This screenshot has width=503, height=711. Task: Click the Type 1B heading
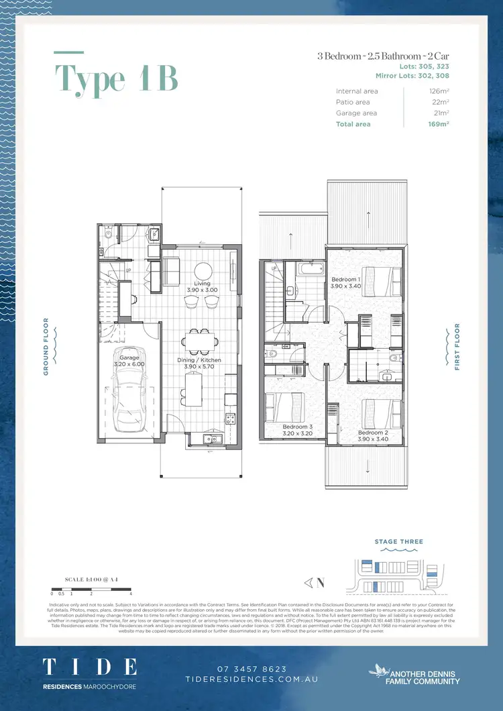[116, 79]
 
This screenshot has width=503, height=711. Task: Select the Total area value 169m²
[439, 124]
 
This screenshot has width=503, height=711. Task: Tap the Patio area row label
[353, 102]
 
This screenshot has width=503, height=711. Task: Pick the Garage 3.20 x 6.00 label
[129, 361]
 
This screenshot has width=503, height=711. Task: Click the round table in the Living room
[204, 272]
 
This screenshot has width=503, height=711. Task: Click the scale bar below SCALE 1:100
[91, 588]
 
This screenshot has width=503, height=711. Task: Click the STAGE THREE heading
[399, 541]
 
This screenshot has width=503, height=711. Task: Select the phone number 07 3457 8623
[251, 669]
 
